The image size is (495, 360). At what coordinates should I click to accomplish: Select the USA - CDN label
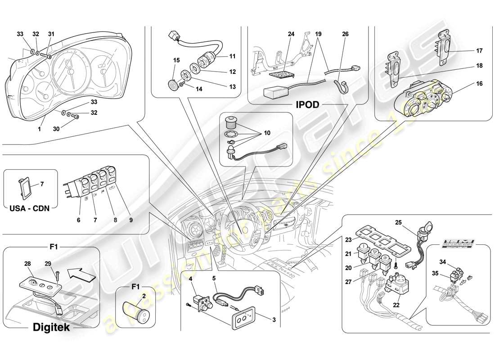pos(30,208)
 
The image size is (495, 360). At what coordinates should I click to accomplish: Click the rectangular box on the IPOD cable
pos(275,93)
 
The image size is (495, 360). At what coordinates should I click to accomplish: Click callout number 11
pos(232,57)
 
